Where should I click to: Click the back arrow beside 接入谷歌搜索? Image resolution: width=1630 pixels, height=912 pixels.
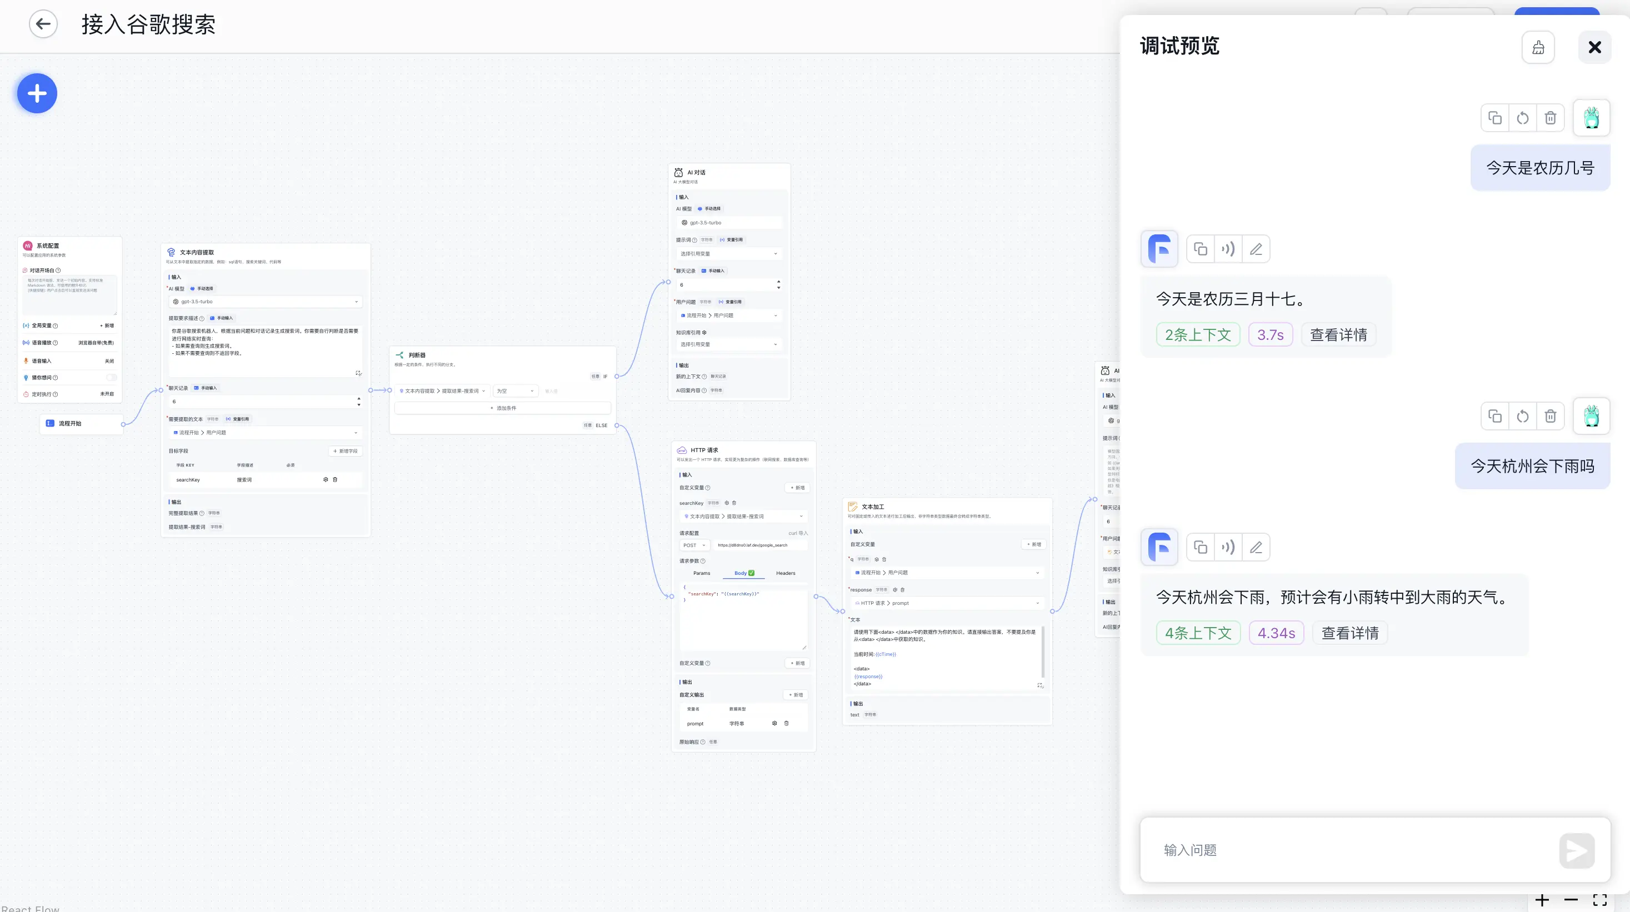point(43,24)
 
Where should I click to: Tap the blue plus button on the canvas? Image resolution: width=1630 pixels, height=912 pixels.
point(37,94)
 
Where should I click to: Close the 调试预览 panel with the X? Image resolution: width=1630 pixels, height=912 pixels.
point(1594,47)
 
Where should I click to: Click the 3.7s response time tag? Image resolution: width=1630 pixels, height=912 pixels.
point(1270,334)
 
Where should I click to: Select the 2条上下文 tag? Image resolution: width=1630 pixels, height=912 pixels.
point(1197,334)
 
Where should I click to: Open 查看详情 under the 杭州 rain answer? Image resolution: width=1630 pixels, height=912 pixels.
point(1349,633)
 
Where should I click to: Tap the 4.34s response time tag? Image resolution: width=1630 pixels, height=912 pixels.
point(1276,633)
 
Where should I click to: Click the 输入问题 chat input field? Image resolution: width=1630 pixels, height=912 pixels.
point(1354,850)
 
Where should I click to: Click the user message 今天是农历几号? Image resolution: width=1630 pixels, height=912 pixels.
point(1539,168)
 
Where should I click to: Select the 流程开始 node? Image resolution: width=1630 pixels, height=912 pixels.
point(70,423)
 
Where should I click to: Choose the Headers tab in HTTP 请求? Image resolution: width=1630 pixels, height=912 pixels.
point(785,573)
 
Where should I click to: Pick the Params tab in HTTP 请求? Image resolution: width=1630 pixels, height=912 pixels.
point(701,573)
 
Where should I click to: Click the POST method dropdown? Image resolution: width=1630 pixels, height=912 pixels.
point(693,545)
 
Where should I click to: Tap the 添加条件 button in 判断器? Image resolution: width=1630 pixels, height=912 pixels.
point(503,408)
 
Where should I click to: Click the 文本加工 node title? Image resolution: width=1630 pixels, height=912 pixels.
point(873,507)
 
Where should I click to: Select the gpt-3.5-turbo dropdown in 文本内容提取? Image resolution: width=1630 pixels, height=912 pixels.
point(265,302)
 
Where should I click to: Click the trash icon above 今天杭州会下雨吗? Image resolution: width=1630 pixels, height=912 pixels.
point(1549,416)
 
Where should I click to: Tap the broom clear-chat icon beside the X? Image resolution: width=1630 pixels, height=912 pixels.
point(1538,47)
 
